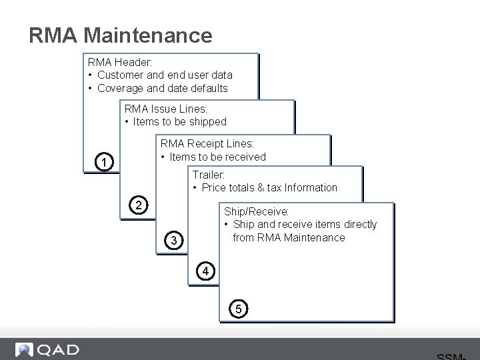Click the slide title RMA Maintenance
point(121,35)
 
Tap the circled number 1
point(103,162)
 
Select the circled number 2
point(139,205)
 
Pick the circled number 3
point(174,240)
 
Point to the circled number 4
point(205,271)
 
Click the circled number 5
point(238,309)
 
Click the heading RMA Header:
point(120,62)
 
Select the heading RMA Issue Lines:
point(166,109)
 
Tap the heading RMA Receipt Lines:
point(207,143)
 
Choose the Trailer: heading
point(209,175)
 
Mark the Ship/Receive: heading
point(257,211)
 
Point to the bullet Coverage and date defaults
point(162,88)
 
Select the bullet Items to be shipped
point(179,121)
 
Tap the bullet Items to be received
point(217,157)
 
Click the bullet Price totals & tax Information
point(269,188)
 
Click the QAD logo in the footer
point(47,350)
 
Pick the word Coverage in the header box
point(121,88)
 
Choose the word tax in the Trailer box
point(274,188)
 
